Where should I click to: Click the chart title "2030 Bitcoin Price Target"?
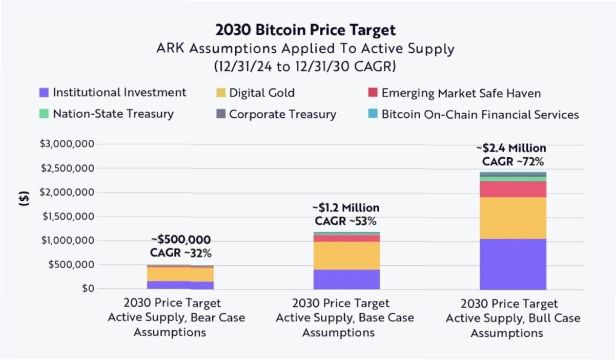click(x=305, y=30)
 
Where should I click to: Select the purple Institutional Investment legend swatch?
click(x=44, y=93)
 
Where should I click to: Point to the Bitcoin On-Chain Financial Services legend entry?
click(x=480, y=114)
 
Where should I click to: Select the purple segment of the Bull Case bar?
click(x=513, y=264)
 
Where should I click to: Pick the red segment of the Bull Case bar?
click(x=513, y=189)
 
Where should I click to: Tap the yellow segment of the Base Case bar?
click(x=346, y=256)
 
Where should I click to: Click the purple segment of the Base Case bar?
click(x=346, y=279)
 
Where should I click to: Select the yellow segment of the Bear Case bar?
click(x=180, y=274)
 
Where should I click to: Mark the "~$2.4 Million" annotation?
click(x=510, y=149)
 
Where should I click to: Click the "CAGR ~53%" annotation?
click(x=345, y=222)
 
